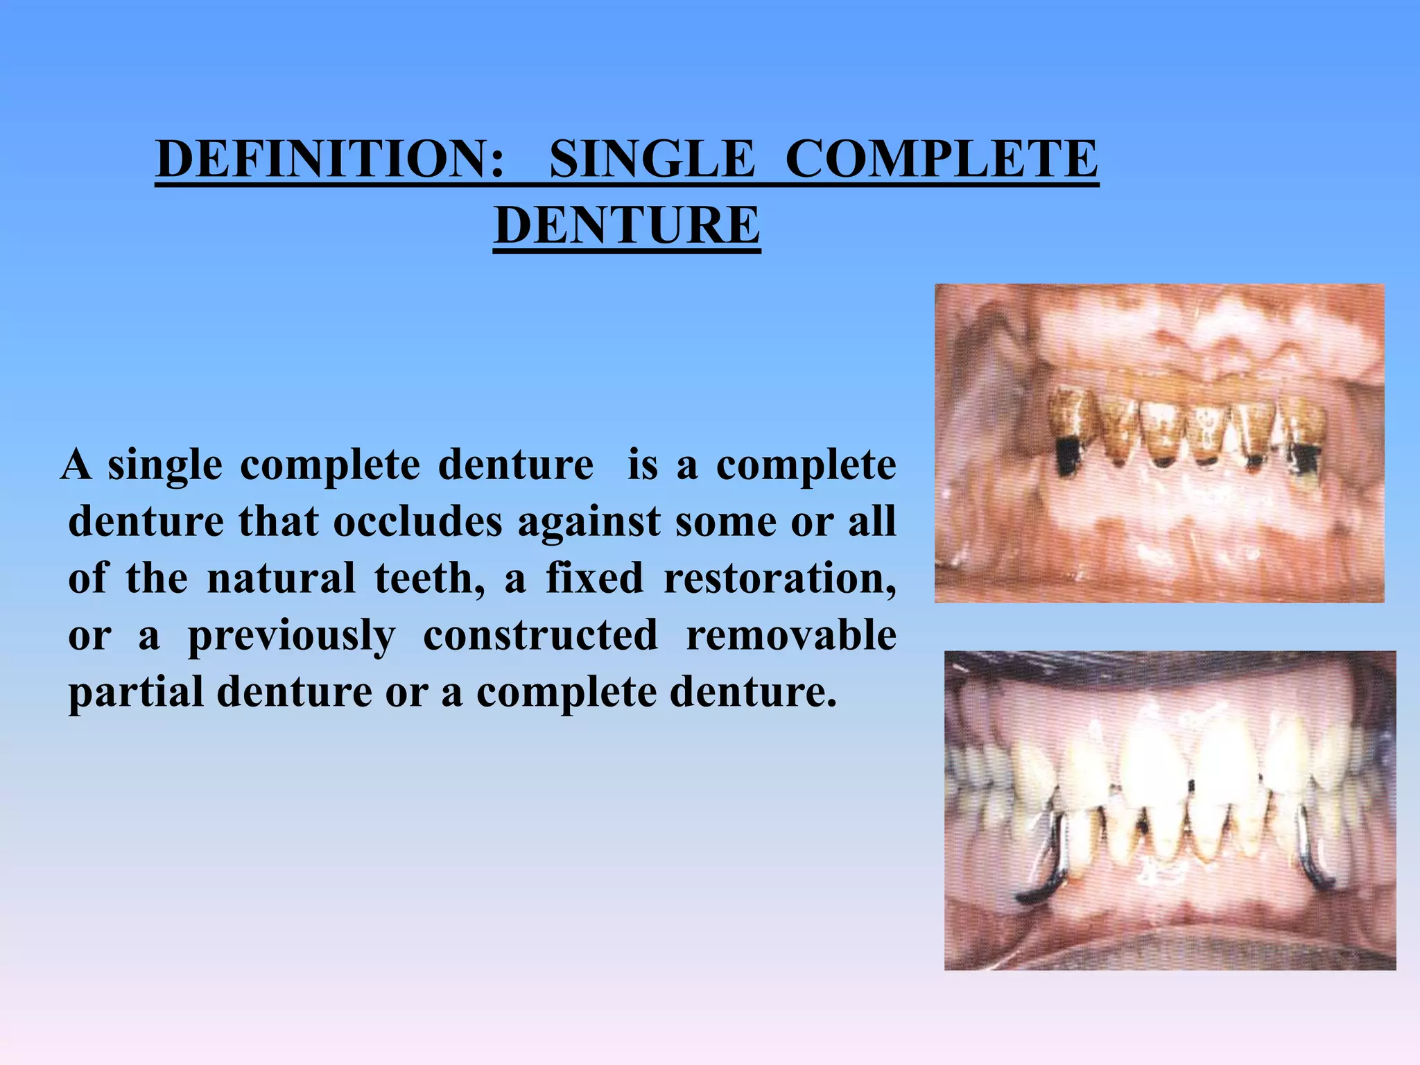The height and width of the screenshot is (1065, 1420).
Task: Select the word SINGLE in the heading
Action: (652, 159)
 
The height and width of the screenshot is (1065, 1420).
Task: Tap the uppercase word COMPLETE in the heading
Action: (942, 159)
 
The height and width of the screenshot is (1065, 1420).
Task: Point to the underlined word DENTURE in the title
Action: (627, 226)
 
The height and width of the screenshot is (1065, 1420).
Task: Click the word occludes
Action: (417, 521)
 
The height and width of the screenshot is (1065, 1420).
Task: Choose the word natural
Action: (281, 578)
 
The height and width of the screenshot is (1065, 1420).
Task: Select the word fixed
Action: (595, 578)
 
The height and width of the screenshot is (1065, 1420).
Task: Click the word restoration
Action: (780, 578)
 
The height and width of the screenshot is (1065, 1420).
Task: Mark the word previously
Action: (291, 637)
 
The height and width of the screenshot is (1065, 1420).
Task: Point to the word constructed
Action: (540, 635)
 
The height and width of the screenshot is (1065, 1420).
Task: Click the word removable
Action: (790, 635)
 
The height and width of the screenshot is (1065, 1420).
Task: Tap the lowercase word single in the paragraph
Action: (165, 466)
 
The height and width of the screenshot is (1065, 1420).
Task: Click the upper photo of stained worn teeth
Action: (1159, 443)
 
